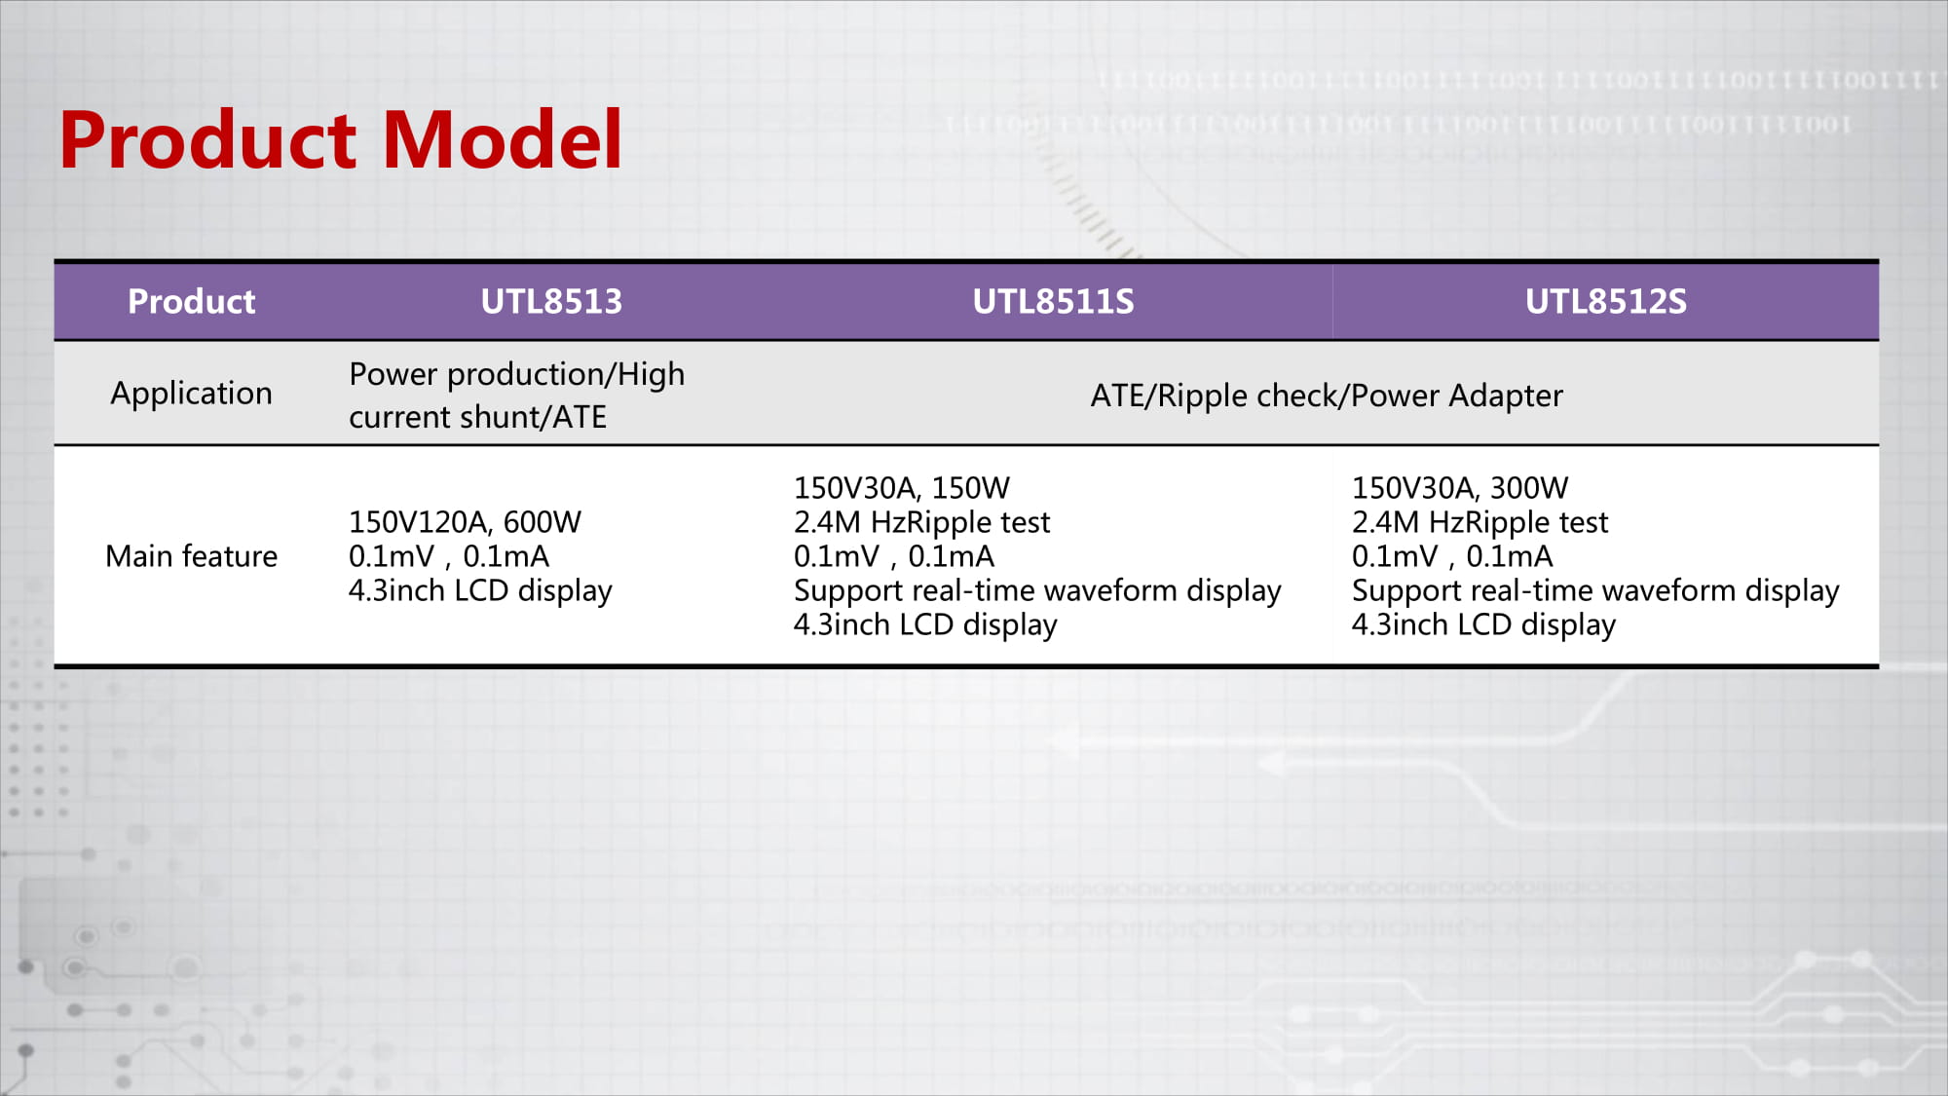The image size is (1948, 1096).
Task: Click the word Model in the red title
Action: pyautogui.click(x=503, y=140)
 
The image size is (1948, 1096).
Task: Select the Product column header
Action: pyautogui.click(x=192, y=302)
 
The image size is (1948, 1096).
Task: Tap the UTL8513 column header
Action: pyautogui.click(x=551, y=302)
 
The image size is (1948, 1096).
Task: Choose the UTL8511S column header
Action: pyautogui.click(x=1053, y=302)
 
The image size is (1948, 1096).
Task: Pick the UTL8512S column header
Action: pyautogui.click(x=1605, y=302)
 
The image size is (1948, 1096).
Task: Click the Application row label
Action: pyautogui.click(x=191, y=395)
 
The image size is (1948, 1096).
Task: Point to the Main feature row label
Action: pyautogui.click(x=191, y=556)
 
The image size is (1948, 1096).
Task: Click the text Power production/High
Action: pyautogui.click(x=516, y=375)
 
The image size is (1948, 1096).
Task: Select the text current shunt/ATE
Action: pyautogui.click(x=477, y=417)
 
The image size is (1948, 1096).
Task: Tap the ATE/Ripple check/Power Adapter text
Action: pyautogui.click(x=1327, y=397)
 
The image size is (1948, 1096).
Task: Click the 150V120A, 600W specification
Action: pyautogui.click(x=465, y=522)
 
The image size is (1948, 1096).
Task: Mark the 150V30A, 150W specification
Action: pyautogui.click(x=902, y=488)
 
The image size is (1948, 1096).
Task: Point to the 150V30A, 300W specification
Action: pyautogui.click(x=1460, y=488)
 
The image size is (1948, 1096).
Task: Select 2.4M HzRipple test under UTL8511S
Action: pyautogui.click(x=921, y=523)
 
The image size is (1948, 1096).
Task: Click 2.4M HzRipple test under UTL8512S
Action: pyautogui.click(x=1480, y=523)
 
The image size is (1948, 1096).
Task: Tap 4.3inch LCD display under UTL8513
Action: pyautogui.click(x=480, y=591)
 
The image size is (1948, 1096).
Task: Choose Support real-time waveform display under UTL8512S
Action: pyautogui.click(x=1595, y=591)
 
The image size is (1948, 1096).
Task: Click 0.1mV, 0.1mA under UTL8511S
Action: pyautogui.click(x=894, y=556)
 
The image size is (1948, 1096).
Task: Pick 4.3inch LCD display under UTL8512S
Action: pyautogui.click(x=1483, y=625)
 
